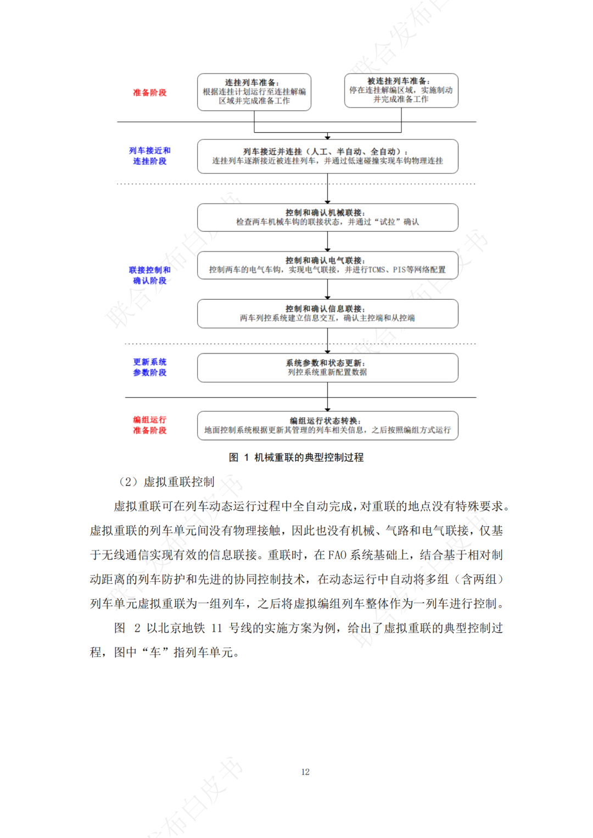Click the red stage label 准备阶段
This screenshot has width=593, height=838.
click(149, 93)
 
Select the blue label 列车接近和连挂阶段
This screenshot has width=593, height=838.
click(149, 156)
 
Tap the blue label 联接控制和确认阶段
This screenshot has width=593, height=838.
click(149, 275)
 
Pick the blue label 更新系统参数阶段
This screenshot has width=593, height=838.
click(149, 367)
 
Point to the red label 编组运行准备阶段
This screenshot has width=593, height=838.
click(149, 425)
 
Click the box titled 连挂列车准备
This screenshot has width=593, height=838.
click(254, 92)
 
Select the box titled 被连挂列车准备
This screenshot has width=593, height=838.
click(401, 91)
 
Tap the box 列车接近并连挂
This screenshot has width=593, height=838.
click(327, 156)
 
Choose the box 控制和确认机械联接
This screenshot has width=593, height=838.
click(327, 217)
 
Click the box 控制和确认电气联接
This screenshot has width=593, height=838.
click(327, 265)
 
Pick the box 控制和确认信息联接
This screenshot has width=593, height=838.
click(327, 313)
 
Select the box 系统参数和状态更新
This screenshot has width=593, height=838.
click(327, 368)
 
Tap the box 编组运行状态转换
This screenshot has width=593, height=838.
click(327, 425)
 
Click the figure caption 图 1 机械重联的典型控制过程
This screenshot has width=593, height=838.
click(296, 457)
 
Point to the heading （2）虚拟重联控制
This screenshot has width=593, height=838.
click(166, 482)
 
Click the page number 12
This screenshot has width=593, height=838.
click(305, 772)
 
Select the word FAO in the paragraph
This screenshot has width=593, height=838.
click(337, 555)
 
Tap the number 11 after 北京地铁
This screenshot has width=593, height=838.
click(216, 628)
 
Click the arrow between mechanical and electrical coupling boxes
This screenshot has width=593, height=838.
click(328, 241)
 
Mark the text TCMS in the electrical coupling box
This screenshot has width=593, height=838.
click(376, 270)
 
